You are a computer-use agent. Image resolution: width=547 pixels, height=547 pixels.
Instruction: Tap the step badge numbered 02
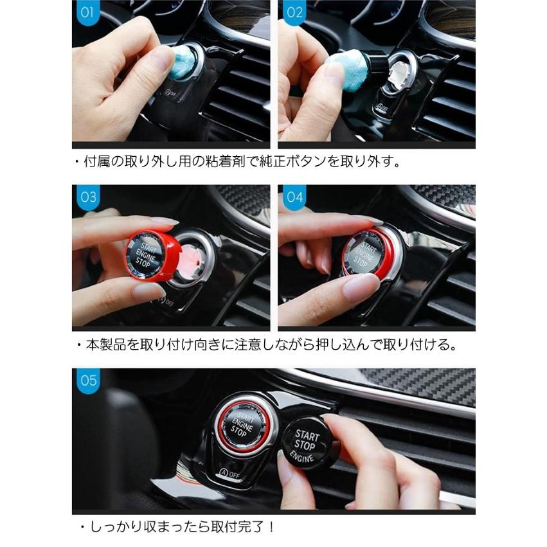point(294,12)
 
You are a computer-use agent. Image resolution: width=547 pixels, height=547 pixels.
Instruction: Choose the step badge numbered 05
point(88,381)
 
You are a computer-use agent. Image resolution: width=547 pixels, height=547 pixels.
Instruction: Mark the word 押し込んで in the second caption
point(338,345)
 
